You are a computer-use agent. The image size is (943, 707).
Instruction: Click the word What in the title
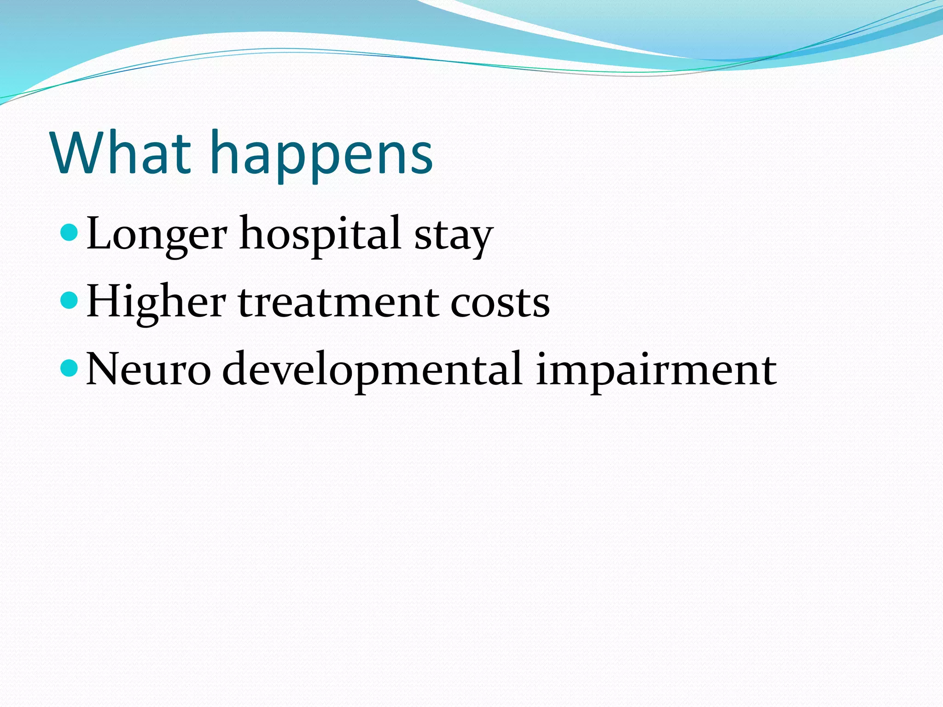pos(121,153)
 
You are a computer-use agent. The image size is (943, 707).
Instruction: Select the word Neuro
pos(148,369)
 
